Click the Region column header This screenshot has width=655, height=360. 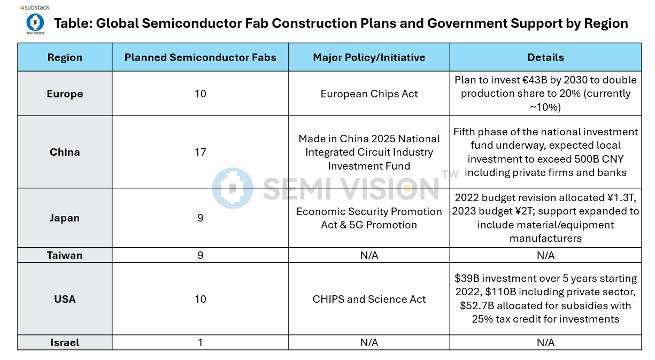coord(65,57)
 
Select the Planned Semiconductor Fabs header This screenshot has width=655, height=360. coord(200,57)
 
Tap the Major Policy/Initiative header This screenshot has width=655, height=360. coord(369,57)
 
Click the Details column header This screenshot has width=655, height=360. coord(545,57)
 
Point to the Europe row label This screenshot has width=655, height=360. coord(65,94)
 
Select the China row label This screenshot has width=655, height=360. coord(65,152)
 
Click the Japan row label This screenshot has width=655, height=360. coord(65,218)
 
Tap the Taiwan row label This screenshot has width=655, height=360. coord(65,255)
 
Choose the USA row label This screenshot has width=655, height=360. coord(65,299)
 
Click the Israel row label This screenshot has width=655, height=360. coord(65,342)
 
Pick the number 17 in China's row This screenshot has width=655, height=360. coord(200,152)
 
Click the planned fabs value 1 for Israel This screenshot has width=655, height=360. coord(200,342)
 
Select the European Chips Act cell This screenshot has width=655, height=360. coord(369,94)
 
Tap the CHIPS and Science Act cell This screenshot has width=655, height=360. coord(369,299)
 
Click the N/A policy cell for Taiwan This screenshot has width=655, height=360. coord(369,255)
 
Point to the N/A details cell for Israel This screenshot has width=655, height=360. coord(545,342)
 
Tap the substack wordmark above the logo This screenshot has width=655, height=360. coord(35,8)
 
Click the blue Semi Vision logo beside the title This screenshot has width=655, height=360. coord(35,22)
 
